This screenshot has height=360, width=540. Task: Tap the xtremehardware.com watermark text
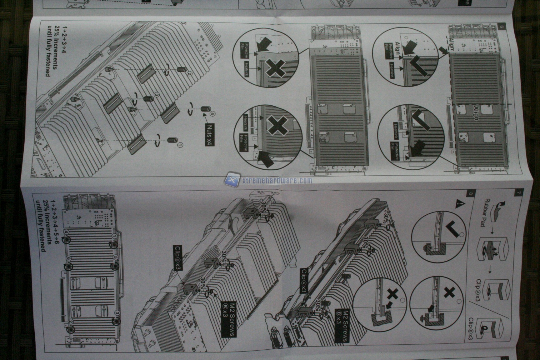(277, 180)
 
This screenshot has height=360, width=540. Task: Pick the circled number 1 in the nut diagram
(180, 145)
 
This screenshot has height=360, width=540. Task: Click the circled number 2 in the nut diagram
(189, 74)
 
